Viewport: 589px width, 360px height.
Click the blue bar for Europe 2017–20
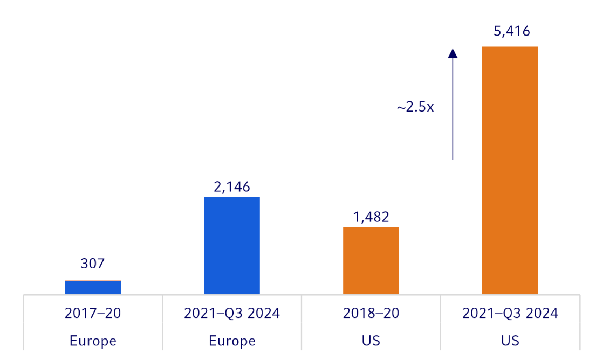pos(93,287)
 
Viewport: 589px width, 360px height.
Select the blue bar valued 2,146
pos(231,245)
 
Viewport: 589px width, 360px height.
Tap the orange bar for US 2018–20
pos(371,260)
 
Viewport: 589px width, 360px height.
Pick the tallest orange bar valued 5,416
pos(510,170)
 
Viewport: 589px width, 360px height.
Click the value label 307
pos(92,264)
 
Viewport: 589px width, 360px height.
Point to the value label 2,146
pos(232,187)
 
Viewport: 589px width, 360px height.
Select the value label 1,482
pos(371,217)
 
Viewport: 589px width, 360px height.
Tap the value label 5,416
pos(511,31)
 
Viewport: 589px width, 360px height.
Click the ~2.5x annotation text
pos(415,107)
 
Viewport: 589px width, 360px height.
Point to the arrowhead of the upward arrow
pos(453,53)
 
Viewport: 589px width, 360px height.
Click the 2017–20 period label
pos(93,313)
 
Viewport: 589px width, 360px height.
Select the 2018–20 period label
pos(371,313)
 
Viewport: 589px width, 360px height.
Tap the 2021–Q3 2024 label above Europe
pos(232,313)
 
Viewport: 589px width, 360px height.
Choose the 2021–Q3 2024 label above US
pos(510,313)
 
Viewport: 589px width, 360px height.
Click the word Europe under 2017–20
pos(93,341)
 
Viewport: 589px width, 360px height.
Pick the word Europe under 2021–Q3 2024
pos(232,341)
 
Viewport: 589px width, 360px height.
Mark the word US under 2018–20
pos(371,341)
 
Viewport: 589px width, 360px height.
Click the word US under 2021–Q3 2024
pos(510,341)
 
